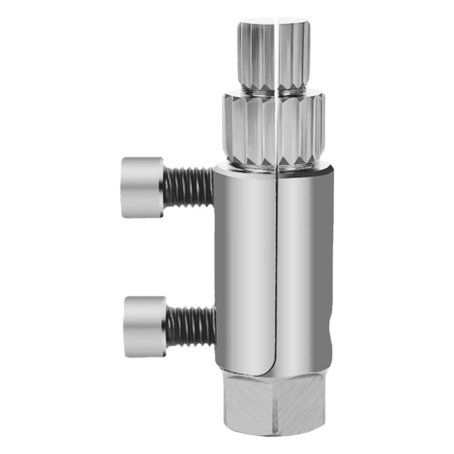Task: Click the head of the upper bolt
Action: (142, 187)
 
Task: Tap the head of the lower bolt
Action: (145, 326)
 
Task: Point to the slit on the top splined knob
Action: (276, 50)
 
